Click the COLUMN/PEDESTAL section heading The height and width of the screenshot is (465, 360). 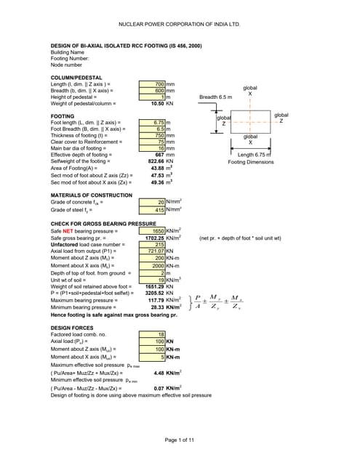click(76, 78)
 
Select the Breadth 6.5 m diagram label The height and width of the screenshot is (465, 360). click(216, 97)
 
